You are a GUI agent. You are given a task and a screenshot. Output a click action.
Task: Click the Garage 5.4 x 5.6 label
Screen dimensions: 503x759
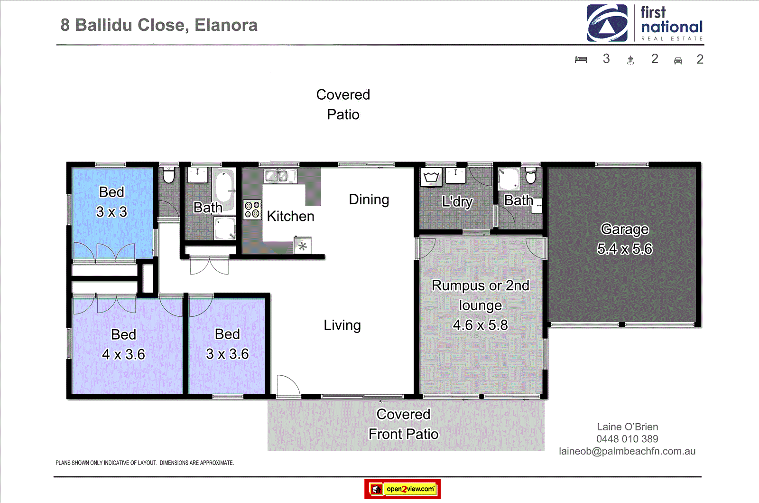[624, 239]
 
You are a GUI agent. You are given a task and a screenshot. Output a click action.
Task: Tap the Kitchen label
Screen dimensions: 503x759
[290, 216]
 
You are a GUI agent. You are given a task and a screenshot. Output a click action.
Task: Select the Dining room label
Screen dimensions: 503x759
[369, 199]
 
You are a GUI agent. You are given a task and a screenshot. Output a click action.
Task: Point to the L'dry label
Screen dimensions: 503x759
[457, 201]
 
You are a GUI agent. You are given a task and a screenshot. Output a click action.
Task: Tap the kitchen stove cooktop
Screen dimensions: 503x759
[252, 209]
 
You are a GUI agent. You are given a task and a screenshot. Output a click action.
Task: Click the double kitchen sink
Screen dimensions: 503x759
[277, 176]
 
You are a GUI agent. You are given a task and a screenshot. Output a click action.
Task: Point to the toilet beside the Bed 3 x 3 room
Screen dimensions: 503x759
[168, 175]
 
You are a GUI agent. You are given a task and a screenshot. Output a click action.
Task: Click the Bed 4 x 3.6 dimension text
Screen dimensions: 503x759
[123, 354]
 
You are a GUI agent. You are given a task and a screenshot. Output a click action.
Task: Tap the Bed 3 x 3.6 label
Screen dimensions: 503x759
[227, 344]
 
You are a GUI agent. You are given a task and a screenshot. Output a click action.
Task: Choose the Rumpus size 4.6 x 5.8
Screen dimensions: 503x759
[480, 325]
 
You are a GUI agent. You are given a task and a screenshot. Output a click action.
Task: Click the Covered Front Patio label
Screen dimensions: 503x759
[403, 424]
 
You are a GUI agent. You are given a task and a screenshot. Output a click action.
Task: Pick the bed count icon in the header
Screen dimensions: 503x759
[581, 60]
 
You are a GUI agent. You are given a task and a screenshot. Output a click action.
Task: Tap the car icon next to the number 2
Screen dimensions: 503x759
[678, 60]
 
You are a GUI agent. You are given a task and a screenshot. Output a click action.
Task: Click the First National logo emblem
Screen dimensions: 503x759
[607, 23]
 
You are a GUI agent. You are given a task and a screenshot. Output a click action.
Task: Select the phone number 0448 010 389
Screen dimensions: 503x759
[627, 439]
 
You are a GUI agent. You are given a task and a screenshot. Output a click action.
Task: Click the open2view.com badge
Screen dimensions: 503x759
[402, 489]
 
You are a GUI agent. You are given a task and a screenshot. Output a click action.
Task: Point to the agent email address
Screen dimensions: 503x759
[627, 451]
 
